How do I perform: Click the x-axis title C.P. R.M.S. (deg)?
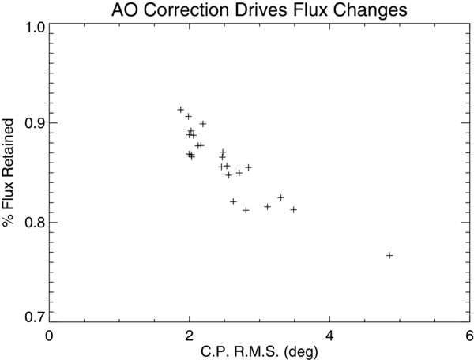click(259, 348)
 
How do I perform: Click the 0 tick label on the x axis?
click(50, 334)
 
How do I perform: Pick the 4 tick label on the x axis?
click(329, 334)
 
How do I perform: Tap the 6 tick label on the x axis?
click(468, 334)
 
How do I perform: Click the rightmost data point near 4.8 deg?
click(389, 255)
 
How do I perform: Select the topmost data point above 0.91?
click(181, 110)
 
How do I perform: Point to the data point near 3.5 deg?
click(294, 209)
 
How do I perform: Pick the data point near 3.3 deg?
click(280, 197)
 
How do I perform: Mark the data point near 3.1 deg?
click(267, 206)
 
